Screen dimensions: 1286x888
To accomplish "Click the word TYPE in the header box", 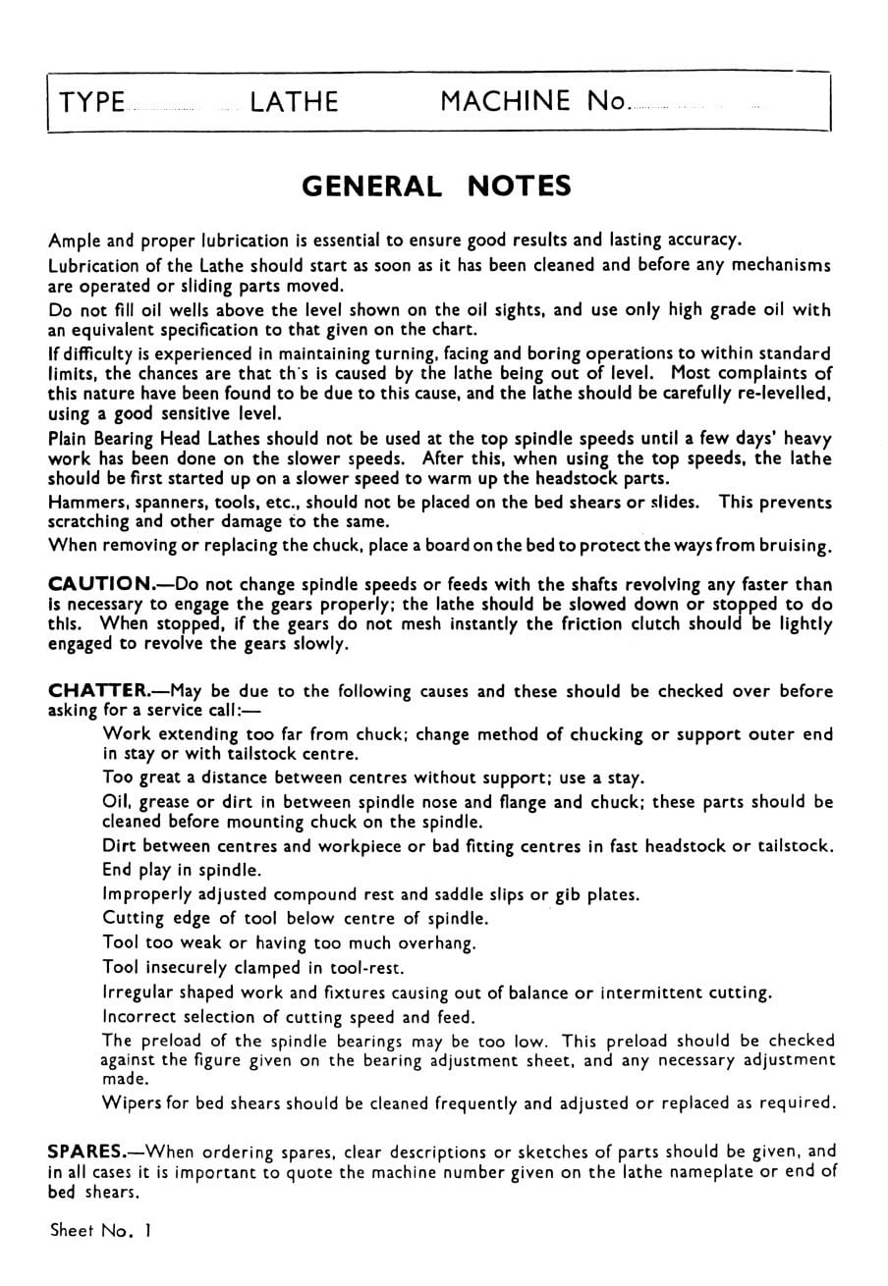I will (x=92, y=102).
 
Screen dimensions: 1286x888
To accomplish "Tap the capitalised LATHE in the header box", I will (x=294, y=102).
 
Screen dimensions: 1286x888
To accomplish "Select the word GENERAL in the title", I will (x=371, y=187).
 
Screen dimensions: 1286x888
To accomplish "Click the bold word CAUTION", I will (x=98, y=583).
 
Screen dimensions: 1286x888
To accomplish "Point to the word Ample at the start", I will (x=74, y=241).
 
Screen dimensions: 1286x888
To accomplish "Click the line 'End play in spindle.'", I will (x=182, y=870).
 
